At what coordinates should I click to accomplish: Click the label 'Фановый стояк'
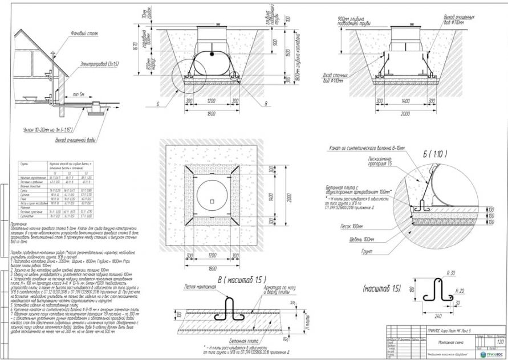click(84, 34)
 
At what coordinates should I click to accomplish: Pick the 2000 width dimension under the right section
click(406, 113)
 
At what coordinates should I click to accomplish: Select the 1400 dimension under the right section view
click(406, 100)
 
